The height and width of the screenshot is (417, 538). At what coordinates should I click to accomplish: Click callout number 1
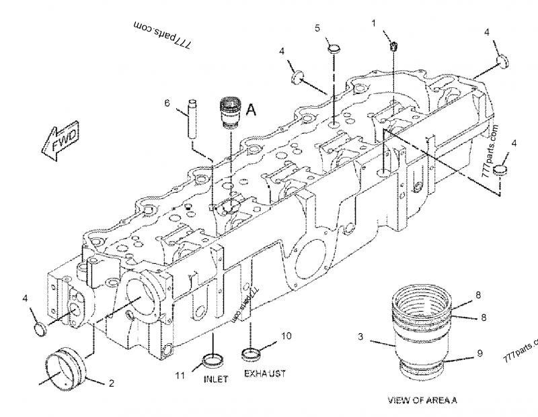(x=373, y=24)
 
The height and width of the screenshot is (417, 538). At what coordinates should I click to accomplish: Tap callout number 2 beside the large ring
(x=112, y=383)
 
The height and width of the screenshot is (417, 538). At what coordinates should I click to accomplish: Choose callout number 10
(x=286, y=335)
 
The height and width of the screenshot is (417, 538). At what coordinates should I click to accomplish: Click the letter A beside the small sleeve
(x=250, y=109)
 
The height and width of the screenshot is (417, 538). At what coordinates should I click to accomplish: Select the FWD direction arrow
(x=61, y=140)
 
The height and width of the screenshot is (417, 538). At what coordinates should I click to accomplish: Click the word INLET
(x=216, y=379)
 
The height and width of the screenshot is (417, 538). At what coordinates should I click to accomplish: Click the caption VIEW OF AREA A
(x=422, y=400)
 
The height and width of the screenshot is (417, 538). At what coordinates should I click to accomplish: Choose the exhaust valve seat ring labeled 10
(x=253, y=352)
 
